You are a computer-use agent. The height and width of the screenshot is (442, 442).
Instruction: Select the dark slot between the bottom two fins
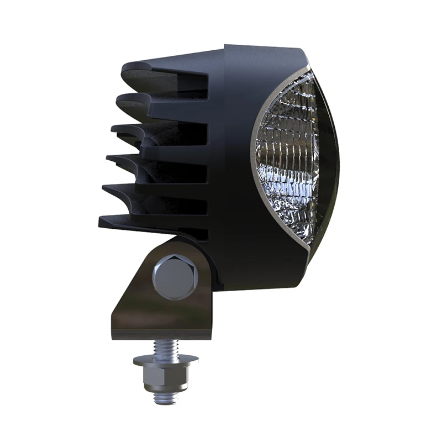(x=166, y=207)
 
